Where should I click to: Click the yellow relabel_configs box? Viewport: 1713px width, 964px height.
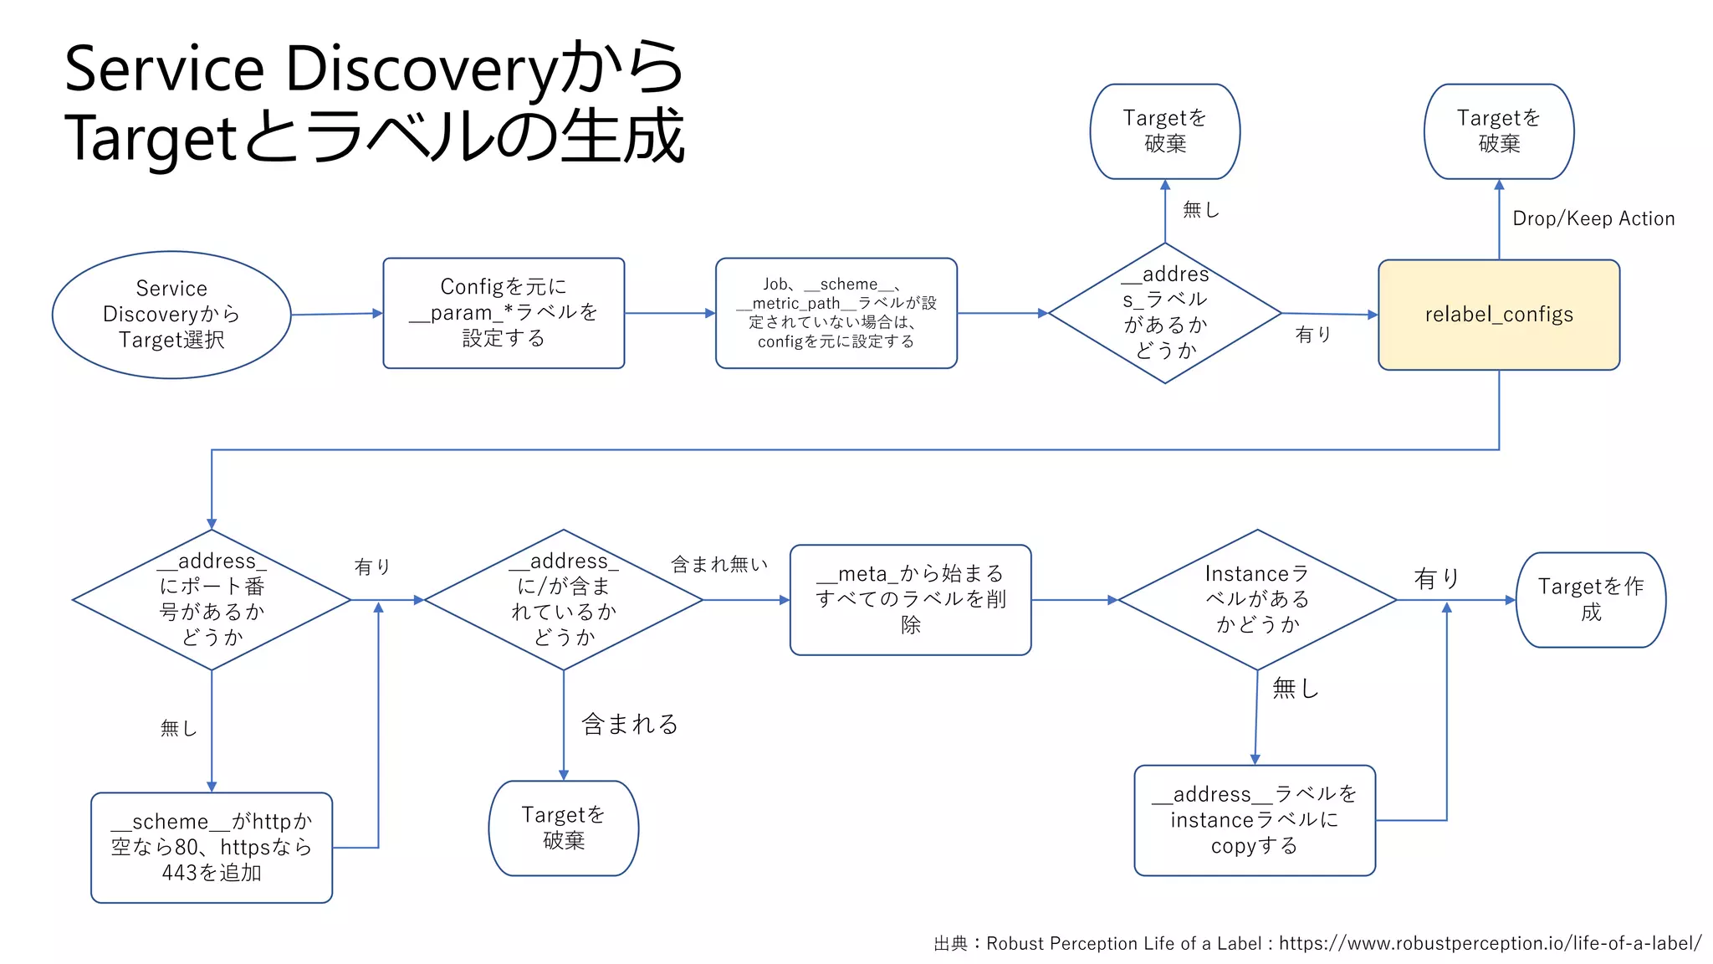[1498, 315]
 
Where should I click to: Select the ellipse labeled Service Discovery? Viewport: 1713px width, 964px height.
[171, 315]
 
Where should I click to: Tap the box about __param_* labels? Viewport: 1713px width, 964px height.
[504, 313]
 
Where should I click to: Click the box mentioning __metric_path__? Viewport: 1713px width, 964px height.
[836, 313]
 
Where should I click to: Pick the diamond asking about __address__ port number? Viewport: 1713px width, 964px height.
[212, 600]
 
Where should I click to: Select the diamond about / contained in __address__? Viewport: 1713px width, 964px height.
[563, 600]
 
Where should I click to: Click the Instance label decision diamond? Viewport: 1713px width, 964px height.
[1256, 600]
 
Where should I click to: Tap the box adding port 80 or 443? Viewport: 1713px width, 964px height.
[212, 847]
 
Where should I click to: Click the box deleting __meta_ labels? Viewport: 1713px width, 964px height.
[910, 600]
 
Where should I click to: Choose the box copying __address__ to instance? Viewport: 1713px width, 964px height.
[1254, 820]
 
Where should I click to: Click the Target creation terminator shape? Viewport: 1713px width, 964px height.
[1590, 600]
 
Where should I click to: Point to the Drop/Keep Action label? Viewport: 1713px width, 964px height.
[1593, 219]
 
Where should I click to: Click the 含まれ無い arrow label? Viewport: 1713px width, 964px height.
[719, 565]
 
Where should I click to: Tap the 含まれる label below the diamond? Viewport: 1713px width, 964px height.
[630, 724]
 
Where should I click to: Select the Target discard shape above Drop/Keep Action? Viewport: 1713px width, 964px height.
[1498, 131]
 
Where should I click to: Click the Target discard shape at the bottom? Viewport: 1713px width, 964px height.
[563, 828]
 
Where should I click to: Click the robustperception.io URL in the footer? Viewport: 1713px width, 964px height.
[1490, 943]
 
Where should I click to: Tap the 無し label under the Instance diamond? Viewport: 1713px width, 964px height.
[1295, 689]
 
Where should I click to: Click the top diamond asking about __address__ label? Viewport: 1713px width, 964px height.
[1164, 313]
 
